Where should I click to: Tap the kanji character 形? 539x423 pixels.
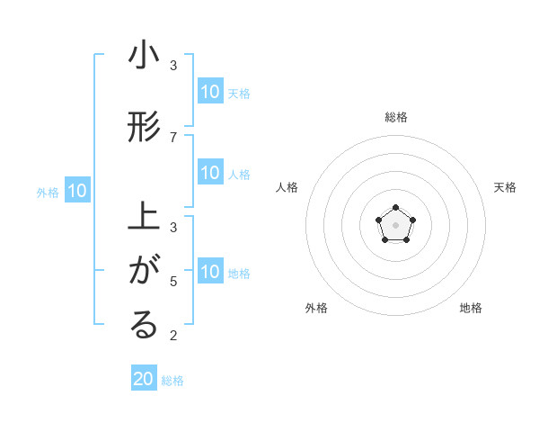tap(144, 128)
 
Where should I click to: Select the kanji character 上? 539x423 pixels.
tap(144, 219)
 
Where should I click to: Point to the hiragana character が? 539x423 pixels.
tap(144, 269)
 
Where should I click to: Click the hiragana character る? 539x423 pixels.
tap(144, 325)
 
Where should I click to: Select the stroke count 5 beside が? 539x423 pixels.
tap(173, 281)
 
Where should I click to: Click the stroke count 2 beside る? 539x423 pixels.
tap(173, 336)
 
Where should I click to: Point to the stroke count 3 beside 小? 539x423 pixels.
tap(173, 65)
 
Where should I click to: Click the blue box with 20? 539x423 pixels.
tap(144, 379)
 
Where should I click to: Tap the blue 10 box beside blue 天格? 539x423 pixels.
tap(210, 92)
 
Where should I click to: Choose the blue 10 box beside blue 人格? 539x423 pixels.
tap(210, 174)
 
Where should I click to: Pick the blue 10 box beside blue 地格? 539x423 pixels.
tap(210, 272)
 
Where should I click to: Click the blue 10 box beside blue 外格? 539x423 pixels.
tap(77, 191)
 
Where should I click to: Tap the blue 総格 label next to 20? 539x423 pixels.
tap(172, 381)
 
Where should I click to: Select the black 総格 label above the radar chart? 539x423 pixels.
tap(395, 117)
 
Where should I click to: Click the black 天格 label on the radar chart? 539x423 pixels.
tap(505, 187)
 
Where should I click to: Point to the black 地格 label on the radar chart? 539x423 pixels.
tap(471, 308)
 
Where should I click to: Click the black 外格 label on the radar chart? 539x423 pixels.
tap(316, 308)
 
